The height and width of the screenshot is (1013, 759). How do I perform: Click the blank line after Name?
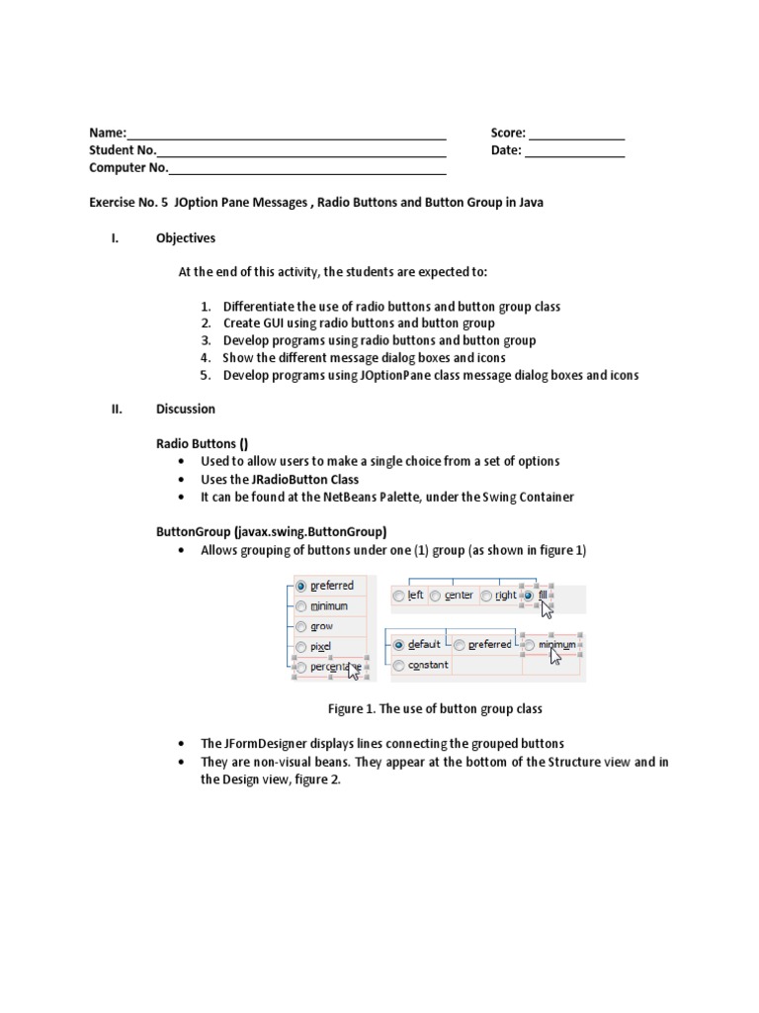coord(287,135)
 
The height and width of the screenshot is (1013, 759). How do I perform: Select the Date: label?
coord(505,150)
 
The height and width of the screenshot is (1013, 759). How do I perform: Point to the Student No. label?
coord(123,150)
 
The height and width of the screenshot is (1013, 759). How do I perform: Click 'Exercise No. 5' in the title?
coord(128,202)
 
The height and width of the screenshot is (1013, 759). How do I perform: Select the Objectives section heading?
coord(185,238)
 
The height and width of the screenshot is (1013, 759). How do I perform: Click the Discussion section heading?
coord(185,409)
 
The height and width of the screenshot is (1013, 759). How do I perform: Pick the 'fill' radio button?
coord(528,596)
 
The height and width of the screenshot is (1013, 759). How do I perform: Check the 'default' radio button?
coord(399,644)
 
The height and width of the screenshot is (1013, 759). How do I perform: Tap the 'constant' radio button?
coord(399,665)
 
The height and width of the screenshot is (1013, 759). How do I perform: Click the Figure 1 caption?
coord(435,709)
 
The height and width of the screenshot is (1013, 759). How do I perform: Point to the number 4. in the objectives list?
coord(206,357)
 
